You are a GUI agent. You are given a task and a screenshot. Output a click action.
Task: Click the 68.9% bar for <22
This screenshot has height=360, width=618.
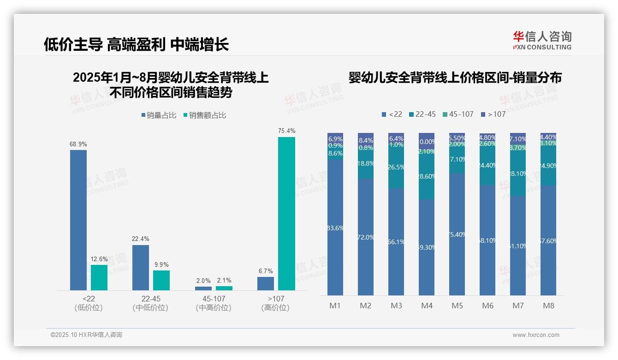(78, 220)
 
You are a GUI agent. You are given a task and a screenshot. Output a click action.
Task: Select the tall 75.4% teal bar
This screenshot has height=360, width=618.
(286, 213)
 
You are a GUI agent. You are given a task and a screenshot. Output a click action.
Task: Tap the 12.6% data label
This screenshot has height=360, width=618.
(99, 258)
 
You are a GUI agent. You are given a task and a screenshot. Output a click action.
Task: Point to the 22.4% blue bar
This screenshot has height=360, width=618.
(141, 267)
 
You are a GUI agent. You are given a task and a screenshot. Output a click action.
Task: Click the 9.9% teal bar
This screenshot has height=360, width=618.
(161, 280)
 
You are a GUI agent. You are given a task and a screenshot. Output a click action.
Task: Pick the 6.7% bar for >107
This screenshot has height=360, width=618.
(266, 283)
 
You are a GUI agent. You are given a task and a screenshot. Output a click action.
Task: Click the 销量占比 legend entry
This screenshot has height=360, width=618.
(158, 115)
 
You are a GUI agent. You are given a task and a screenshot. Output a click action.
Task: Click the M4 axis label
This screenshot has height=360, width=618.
(427, 306)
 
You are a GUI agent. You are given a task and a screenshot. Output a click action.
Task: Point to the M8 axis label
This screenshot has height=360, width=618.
(548, 306)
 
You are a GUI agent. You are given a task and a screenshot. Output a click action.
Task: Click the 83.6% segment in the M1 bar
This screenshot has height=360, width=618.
(335, 228)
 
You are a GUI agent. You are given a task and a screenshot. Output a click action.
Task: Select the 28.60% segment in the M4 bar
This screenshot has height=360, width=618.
(427, 177)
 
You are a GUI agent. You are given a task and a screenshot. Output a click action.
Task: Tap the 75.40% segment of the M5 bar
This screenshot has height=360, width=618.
(457, 234)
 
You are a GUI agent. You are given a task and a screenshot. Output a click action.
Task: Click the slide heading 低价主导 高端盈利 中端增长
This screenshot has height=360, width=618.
(136, 44)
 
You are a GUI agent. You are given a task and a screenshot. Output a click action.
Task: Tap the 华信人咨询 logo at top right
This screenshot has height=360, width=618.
(542, 40)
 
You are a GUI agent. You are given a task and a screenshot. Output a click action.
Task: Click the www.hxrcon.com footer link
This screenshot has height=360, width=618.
(535, 335)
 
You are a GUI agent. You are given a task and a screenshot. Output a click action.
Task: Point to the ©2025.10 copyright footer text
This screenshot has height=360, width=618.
(86, 335)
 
